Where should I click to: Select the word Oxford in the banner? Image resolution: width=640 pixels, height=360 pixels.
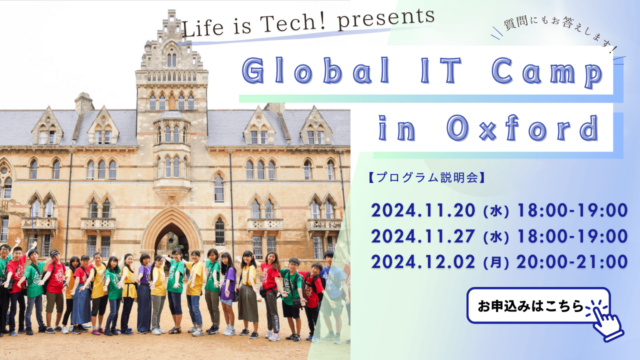525,129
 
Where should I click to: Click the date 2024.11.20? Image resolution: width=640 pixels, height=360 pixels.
423,210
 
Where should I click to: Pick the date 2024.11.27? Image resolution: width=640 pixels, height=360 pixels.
423,236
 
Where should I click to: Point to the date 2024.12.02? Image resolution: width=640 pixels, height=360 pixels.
423,262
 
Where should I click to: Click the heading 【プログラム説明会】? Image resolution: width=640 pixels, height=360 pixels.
427,178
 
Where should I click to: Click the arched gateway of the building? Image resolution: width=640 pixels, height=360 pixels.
170,237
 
